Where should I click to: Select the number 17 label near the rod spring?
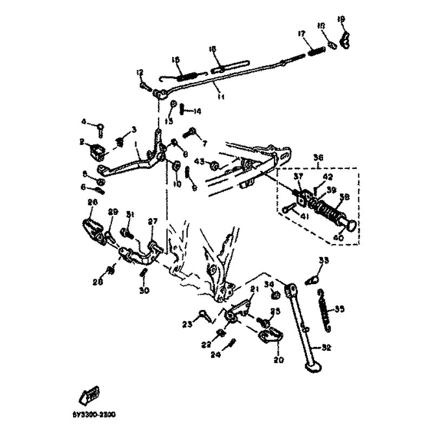click(x=301, y=34)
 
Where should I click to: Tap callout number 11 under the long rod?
click(x=221, y=96)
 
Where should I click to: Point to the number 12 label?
click(x=140, y=72)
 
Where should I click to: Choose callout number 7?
click(x=205, y=143)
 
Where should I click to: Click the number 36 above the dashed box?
click(x=319, y=158)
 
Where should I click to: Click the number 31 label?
click(x=130, y=215)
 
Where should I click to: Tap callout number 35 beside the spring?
click(x=339, y=310)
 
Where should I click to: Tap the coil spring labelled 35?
click(x=323, y=311)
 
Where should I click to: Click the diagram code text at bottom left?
click(x=93, y=415)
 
